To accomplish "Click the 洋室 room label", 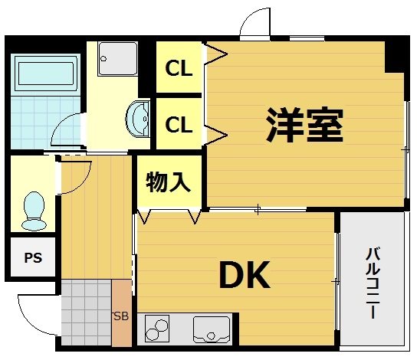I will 304,123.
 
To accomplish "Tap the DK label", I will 245,275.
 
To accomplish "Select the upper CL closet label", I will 179,68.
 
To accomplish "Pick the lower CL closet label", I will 179,123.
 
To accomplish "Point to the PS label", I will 32,258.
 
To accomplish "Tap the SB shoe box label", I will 121,316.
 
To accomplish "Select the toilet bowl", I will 34,211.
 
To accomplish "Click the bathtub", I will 47,74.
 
